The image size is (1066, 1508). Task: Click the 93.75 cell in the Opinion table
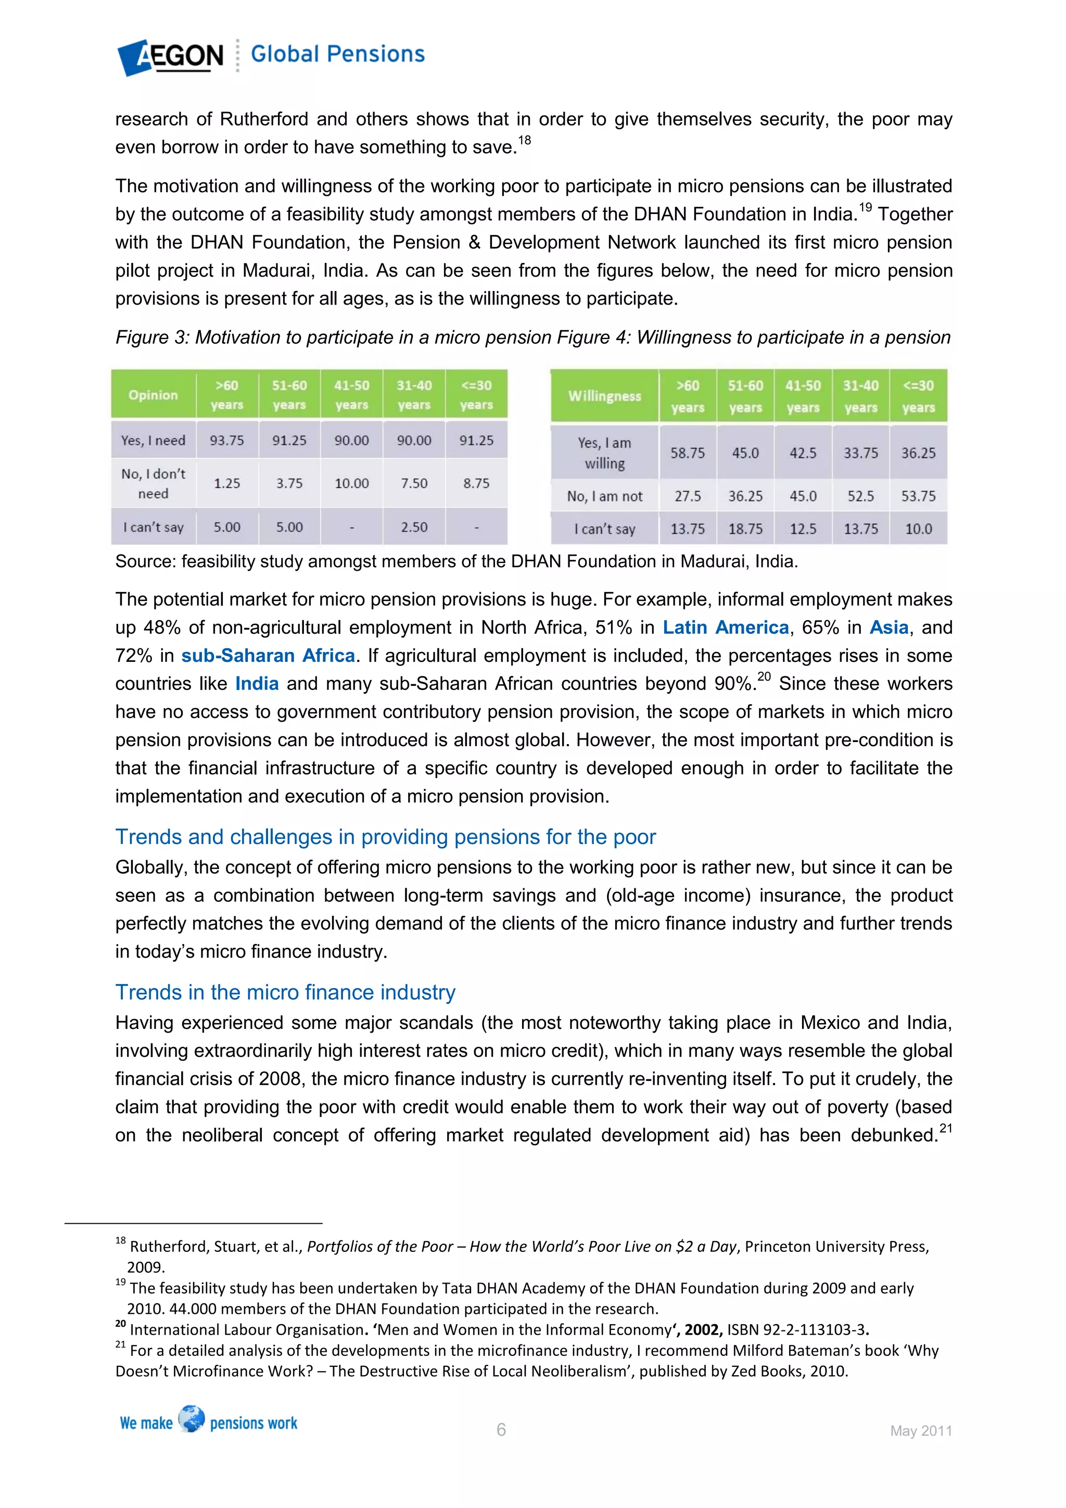[226, 441]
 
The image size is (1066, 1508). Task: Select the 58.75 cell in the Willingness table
[687, 453]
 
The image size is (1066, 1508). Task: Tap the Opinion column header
[153, 395]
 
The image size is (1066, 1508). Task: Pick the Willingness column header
[604, 396]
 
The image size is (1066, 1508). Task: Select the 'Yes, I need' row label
[153, 441]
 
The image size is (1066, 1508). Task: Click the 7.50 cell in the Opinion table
[414, 483]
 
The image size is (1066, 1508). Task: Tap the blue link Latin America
[725, 628]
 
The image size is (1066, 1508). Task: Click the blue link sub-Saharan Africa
[268, 656]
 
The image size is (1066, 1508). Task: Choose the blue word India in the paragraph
[257, 684]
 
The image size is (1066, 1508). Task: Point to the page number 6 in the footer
[501, 1430]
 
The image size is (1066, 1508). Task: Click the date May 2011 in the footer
[920, 1431]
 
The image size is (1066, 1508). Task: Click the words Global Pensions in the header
[337, 54]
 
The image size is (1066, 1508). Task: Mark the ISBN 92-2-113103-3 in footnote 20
[795, 1330]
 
